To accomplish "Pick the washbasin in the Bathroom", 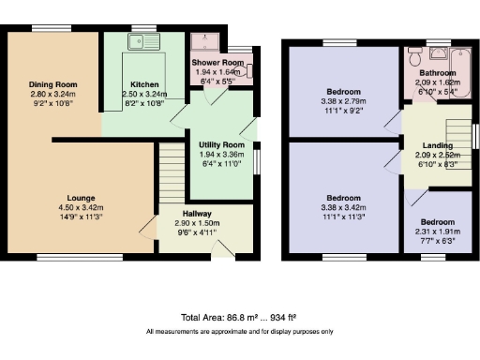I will pos(412,81).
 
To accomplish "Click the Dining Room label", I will pos(52,85).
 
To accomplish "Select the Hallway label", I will pos(197,215).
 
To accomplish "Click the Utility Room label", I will pos(221,145).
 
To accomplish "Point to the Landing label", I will pos(437,146).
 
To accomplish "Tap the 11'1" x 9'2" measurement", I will pos(343,110).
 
